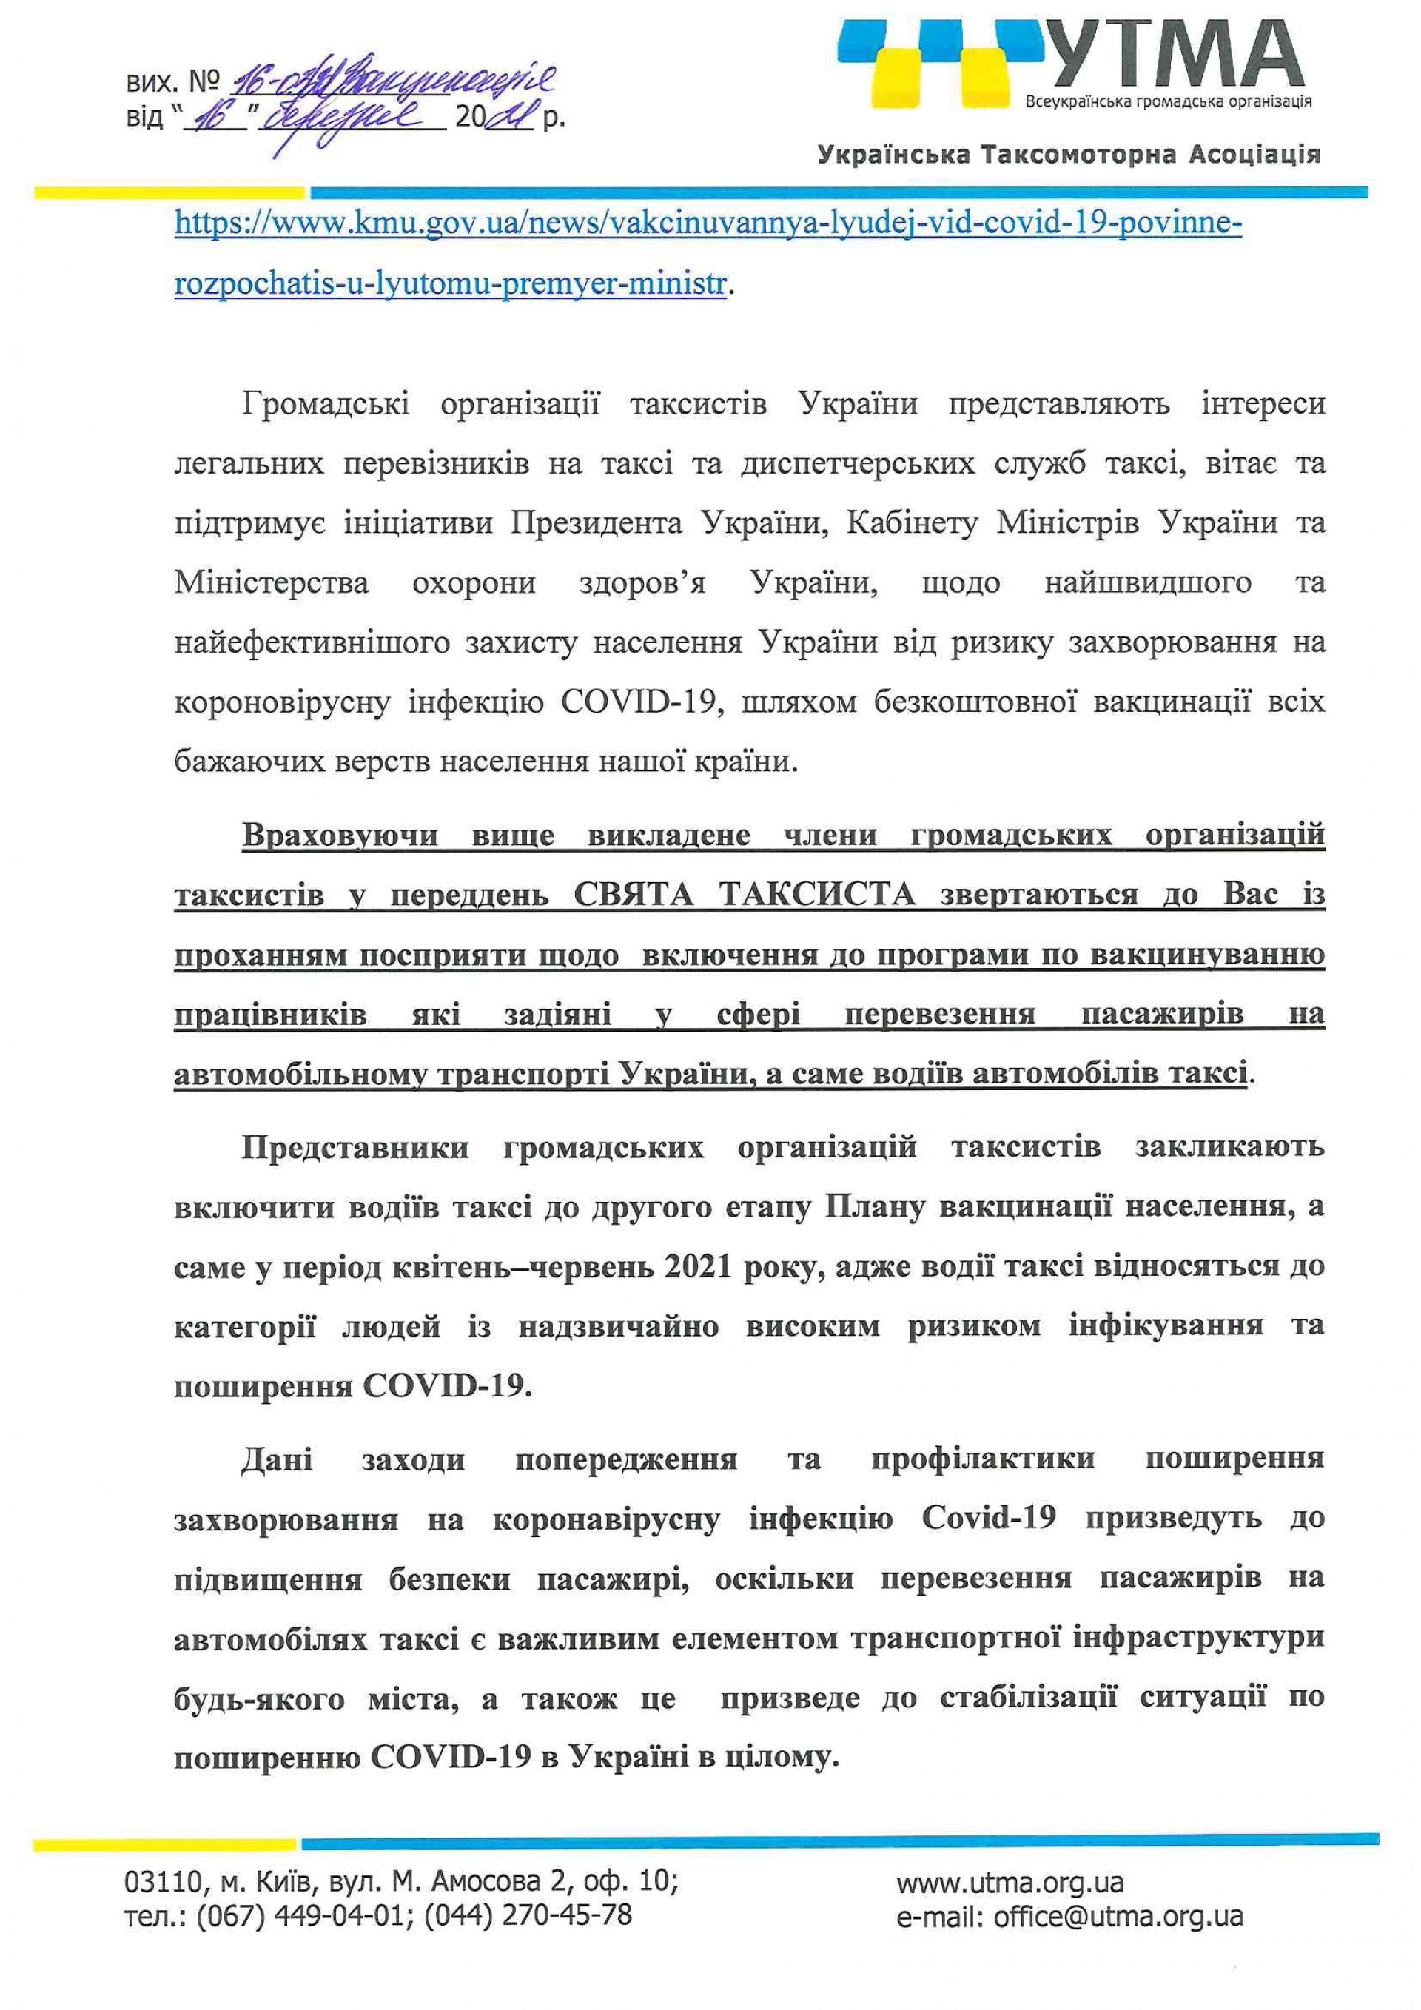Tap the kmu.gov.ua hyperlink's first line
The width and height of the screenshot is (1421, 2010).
708,224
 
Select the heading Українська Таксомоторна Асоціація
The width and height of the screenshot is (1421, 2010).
1068,156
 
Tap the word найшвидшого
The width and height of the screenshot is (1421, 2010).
1148,583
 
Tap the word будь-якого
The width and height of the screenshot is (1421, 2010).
259,1699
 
